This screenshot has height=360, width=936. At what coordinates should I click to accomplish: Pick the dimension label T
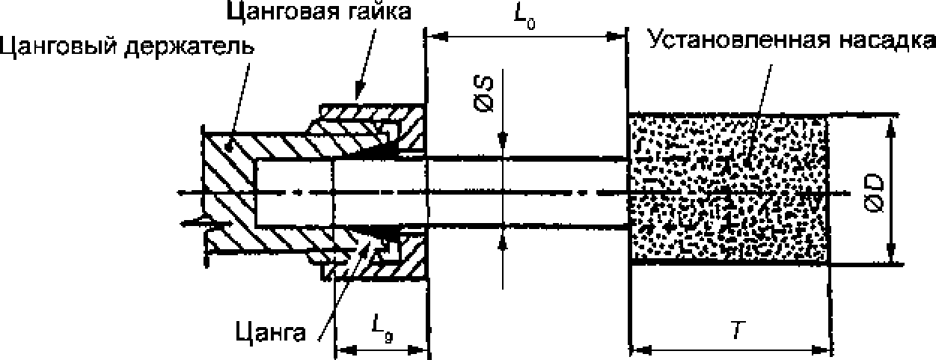click(736, 330)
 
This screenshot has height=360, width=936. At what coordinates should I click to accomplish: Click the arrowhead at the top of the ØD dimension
click(890, 121)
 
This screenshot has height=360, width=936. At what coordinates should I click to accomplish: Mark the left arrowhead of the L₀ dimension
click(432, 34)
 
